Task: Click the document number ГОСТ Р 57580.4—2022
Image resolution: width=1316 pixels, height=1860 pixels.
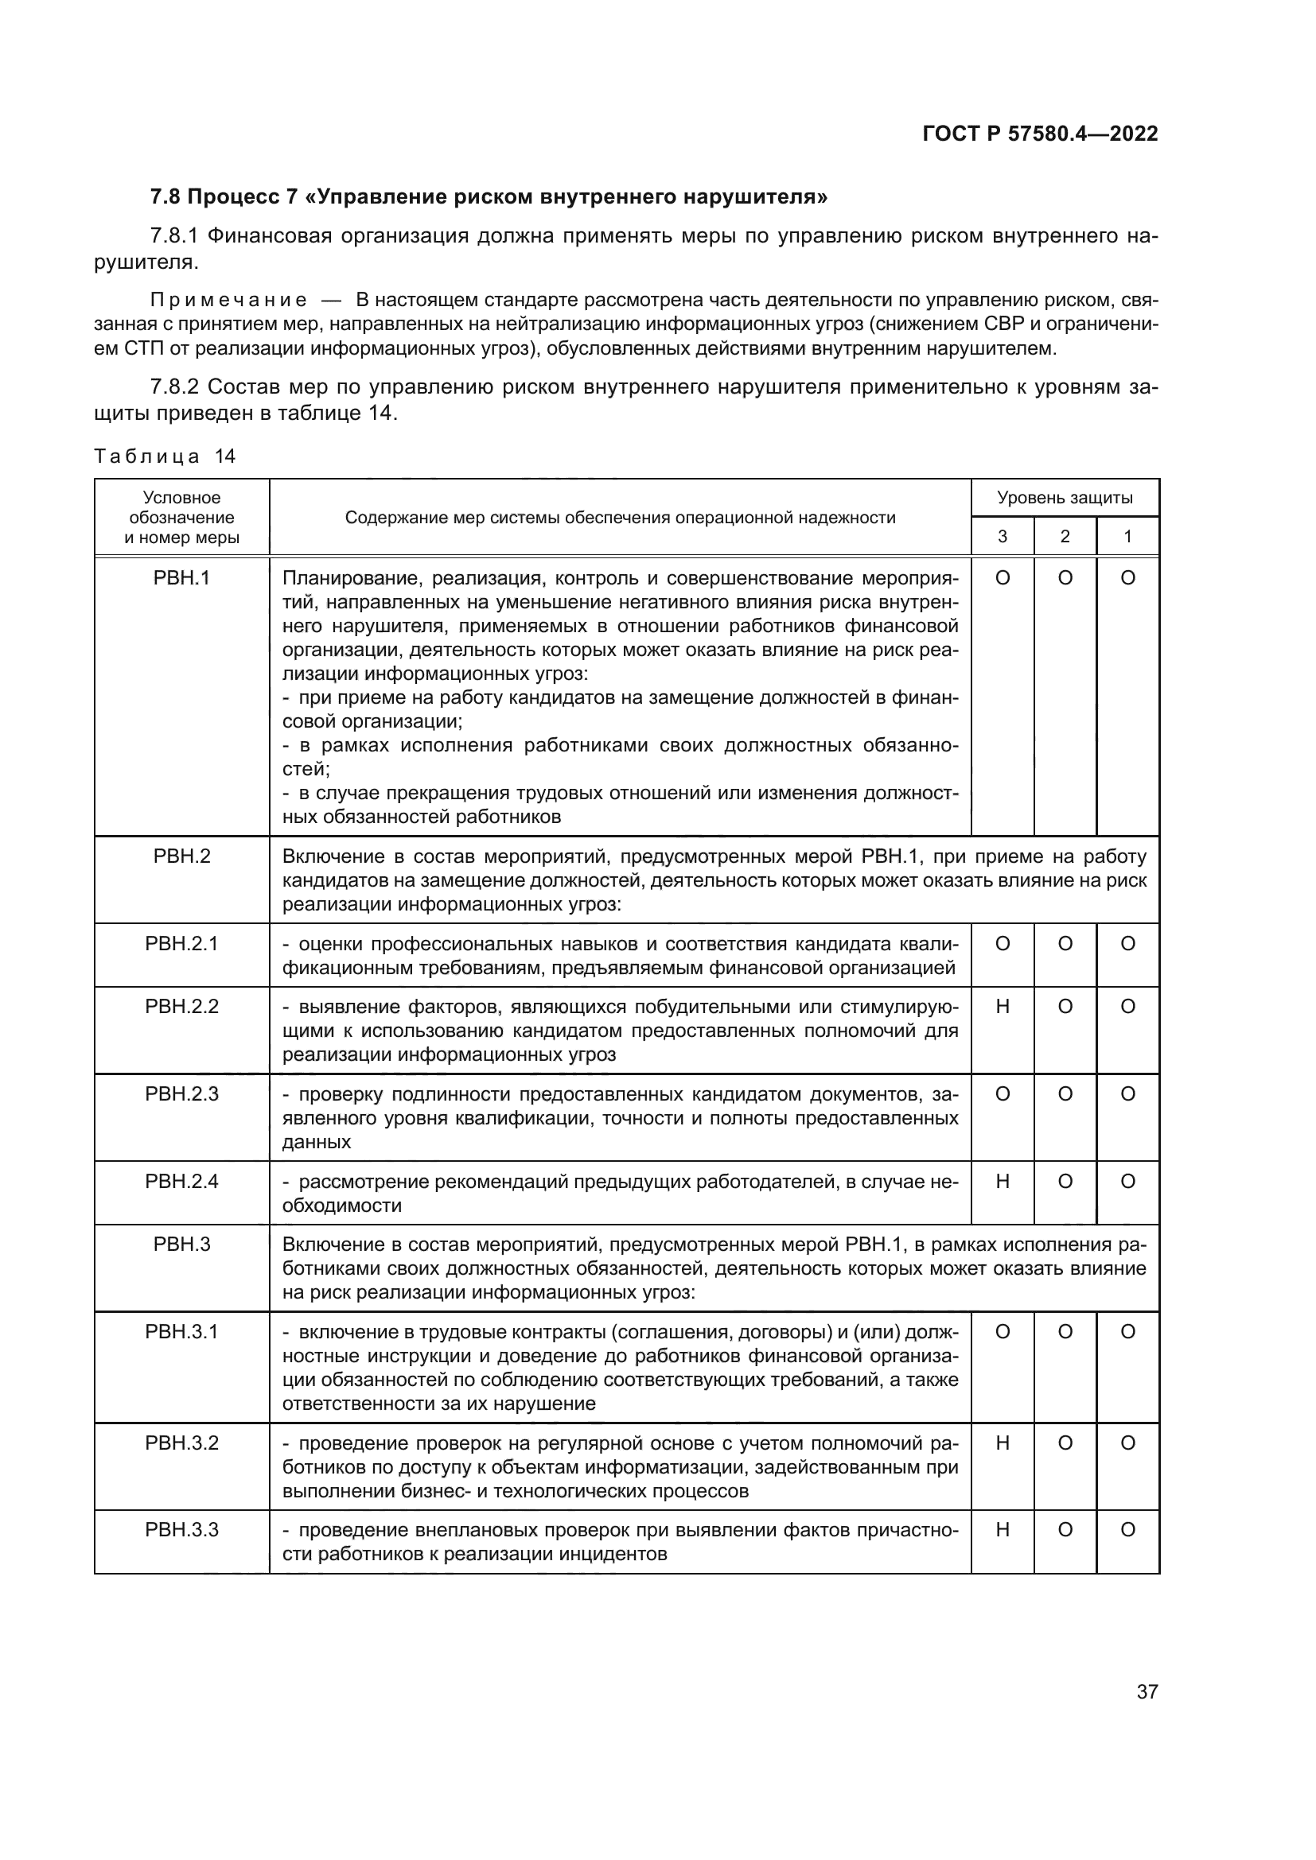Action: (x=1040, y=134)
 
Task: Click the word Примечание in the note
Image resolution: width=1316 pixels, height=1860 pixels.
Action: (x=228, y=301)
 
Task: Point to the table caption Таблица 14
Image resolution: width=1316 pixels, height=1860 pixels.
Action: (x=165, y=456)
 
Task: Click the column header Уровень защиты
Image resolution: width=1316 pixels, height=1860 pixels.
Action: (x=1064, y=497)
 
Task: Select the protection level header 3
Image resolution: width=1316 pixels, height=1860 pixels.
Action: (x=1003, y=536)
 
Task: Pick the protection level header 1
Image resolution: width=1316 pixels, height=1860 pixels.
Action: (x=1127, y=536)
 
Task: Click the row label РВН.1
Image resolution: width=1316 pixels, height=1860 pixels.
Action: (x=181, y=578)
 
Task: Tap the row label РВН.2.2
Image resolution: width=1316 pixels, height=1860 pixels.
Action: (x=181, y=1007)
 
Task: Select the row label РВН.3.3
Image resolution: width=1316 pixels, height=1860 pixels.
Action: (x=181, y=1530)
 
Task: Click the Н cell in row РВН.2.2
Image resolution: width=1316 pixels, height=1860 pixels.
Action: (x=1003, y=1007)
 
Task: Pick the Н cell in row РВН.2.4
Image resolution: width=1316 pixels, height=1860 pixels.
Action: (x=1003, y=1182)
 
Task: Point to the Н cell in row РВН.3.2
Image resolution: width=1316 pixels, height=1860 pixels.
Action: (x=1003, y=1443)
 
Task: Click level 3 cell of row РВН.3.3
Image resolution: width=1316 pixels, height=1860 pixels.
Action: (x=1003, y=1530)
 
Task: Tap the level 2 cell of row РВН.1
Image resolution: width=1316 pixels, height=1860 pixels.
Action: (x=1065, y=578)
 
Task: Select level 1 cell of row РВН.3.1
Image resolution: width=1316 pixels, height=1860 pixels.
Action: (x=1127, y=1332)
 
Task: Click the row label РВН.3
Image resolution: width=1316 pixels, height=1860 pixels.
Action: (x=181, y=1245)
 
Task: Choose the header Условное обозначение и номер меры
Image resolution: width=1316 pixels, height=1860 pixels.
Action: (x=181, y=517)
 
